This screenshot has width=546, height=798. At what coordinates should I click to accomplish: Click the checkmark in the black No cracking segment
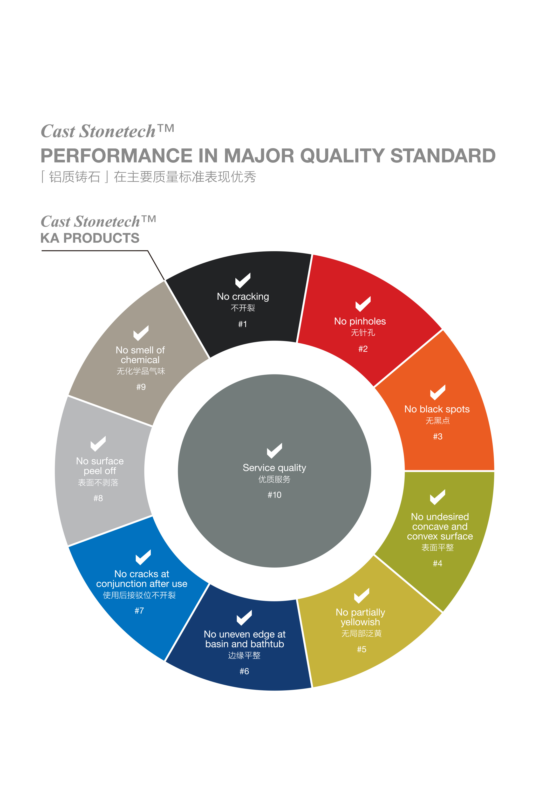pos(243,280)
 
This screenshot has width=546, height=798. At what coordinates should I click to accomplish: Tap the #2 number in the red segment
pos(363,349)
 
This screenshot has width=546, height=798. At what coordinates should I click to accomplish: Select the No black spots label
pos(437,409)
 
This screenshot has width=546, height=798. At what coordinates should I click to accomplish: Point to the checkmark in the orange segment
pos(438,392)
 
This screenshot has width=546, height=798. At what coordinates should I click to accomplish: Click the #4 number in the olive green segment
pos(438,563)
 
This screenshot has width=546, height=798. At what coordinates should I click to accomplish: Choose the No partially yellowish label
pos(360,617)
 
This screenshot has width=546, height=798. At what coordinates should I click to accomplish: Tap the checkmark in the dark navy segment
pos(244,617)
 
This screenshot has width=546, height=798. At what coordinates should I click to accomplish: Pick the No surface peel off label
pos(100,466)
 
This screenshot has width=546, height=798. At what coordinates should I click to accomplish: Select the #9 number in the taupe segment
pos(141,387)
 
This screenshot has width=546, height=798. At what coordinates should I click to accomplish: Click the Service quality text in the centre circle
pos(274,468)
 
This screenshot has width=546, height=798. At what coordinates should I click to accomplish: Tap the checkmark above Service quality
pos(274,451)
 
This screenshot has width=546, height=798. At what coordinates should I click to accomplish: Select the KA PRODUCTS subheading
pos(90,238)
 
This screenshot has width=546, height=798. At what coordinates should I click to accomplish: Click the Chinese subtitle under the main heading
pos(148,177)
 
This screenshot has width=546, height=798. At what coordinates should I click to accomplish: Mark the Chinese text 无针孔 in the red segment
pos(363,332)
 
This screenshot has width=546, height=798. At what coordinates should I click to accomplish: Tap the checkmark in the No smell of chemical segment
pos(141,333)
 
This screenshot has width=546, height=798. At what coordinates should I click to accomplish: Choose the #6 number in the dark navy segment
pos(244,671)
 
